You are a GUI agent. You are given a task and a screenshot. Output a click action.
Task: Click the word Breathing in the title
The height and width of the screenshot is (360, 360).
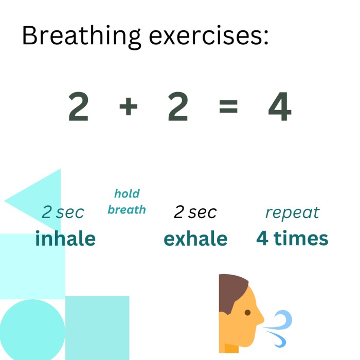pos(81,37)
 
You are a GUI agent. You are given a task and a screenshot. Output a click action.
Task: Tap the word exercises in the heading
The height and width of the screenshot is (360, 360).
pos(209,36)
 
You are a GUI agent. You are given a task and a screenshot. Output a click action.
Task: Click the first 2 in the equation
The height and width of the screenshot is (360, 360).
pos(78,106)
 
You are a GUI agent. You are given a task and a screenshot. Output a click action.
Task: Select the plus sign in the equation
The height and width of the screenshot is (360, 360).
pos(129,106)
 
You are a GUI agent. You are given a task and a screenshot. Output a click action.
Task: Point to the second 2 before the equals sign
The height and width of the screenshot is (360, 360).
pos(178,106)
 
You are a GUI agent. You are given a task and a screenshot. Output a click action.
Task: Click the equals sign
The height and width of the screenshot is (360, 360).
pos(228,106)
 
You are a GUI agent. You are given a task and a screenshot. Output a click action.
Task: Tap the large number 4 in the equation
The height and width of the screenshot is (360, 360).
pos(280,106)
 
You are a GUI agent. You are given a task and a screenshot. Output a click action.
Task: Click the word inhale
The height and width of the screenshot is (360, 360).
pos(65,238)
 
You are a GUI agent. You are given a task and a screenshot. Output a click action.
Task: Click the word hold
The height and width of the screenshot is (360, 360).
pos(127,193)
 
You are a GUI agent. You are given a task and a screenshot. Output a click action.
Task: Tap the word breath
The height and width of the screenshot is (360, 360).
pos(127,210)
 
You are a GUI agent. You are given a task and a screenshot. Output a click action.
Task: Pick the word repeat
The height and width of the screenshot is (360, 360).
pos(293,213)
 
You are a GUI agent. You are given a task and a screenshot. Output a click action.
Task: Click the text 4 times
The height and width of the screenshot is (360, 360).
pos(292,238)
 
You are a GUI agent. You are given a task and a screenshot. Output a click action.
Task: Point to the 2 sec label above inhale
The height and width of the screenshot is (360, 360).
pos(63,212)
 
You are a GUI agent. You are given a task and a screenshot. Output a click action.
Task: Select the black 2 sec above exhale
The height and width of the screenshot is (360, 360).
pos(195,212)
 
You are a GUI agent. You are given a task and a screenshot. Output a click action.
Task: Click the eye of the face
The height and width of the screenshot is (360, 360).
pos(247,313)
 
